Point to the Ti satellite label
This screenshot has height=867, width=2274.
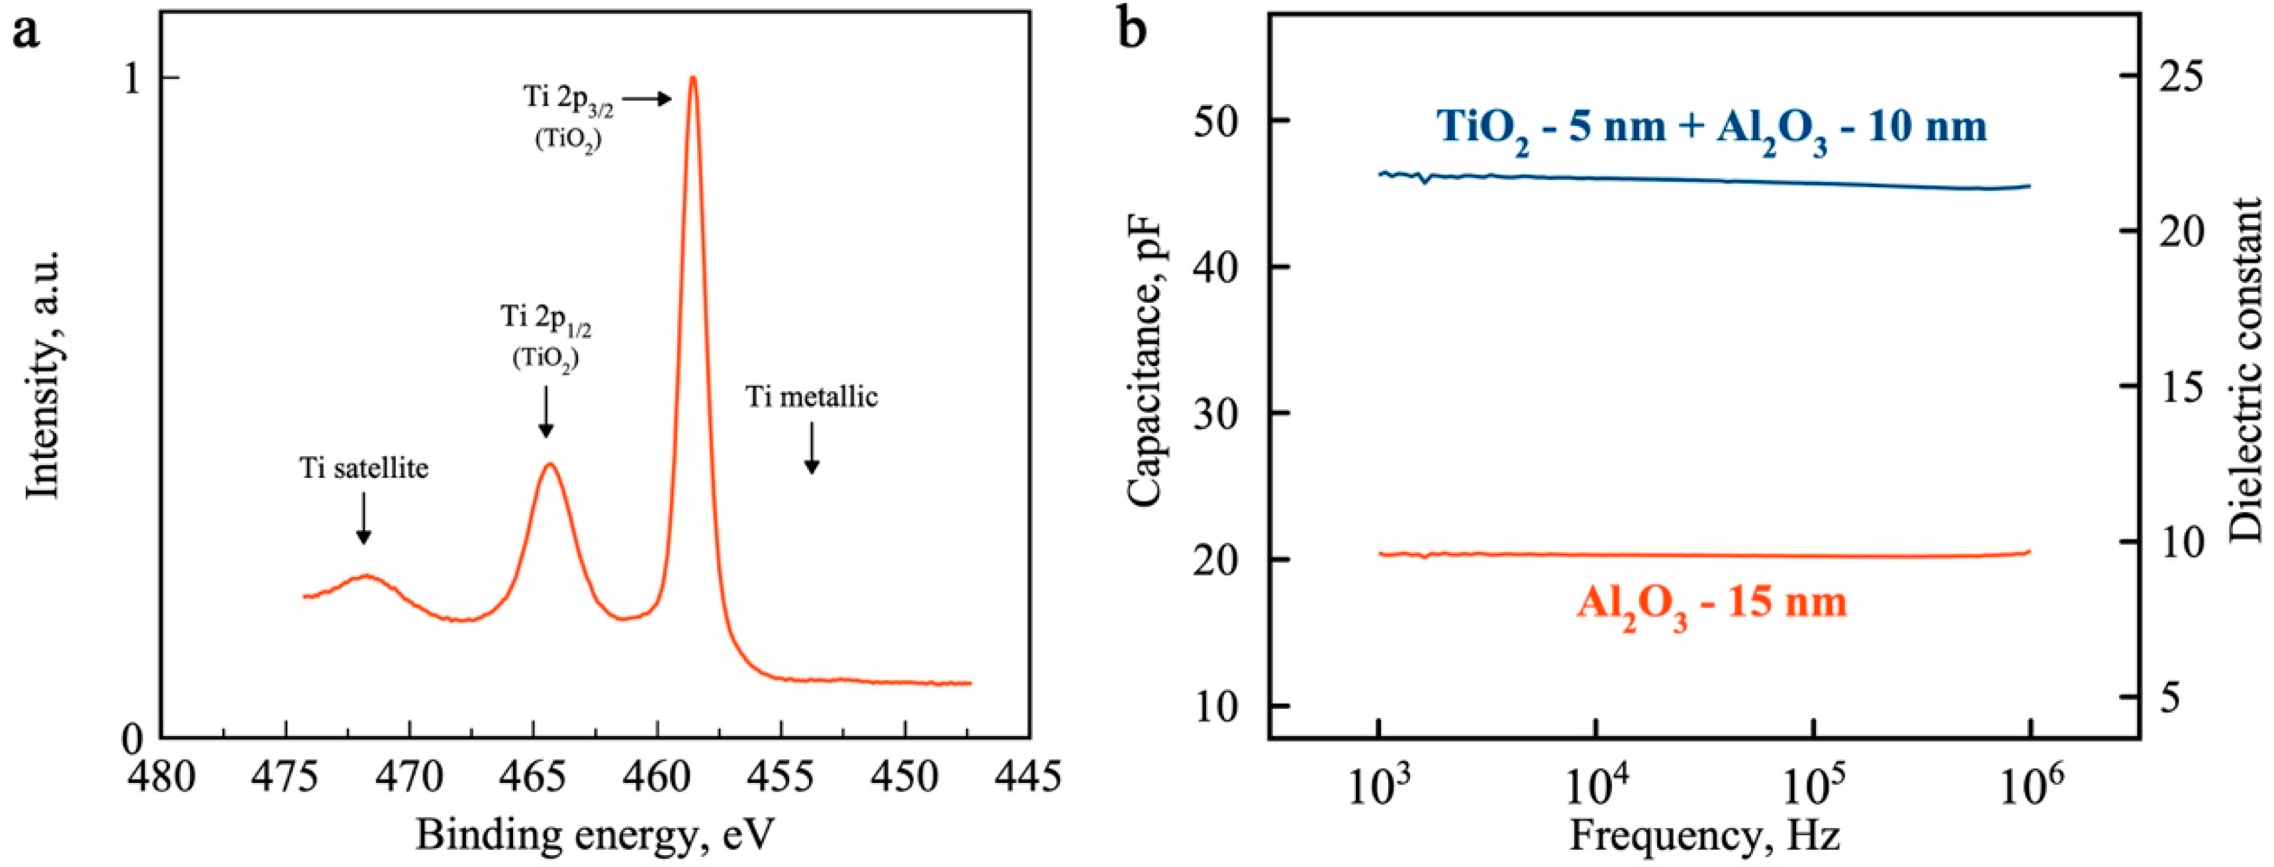click(363, 468)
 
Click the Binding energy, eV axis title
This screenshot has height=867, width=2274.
click(594, 833)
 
